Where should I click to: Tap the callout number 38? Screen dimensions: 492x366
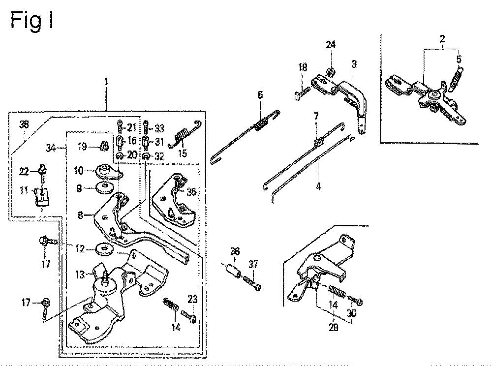[24, 124]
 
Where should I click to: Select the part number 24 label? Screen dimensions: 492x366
[331, 45]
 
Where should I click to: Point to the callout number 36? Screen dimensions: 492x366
[235, 251]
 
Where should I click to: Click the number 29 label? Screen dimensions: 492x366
[334, 328]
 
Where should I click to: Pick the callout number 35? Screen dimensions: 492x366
[191, 191]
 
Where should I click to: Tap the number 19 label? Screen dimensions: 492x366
[83, 147]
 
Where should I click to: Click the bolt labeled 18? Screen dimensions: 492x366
[303, 93]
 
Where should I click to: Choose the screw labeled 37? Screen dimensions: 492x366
[251, 282]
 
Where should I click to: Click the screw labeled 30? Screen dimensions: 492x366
[355, 300]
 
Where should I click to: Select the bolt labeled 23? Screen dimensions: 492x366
[189, 316]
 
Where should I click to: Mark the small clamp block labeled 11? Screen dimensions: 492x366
[41, 196]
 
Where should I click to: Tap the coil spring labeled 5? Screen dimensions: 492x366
[456, 78]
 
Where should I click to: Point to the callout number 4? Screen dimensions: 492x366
[318, 187]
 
